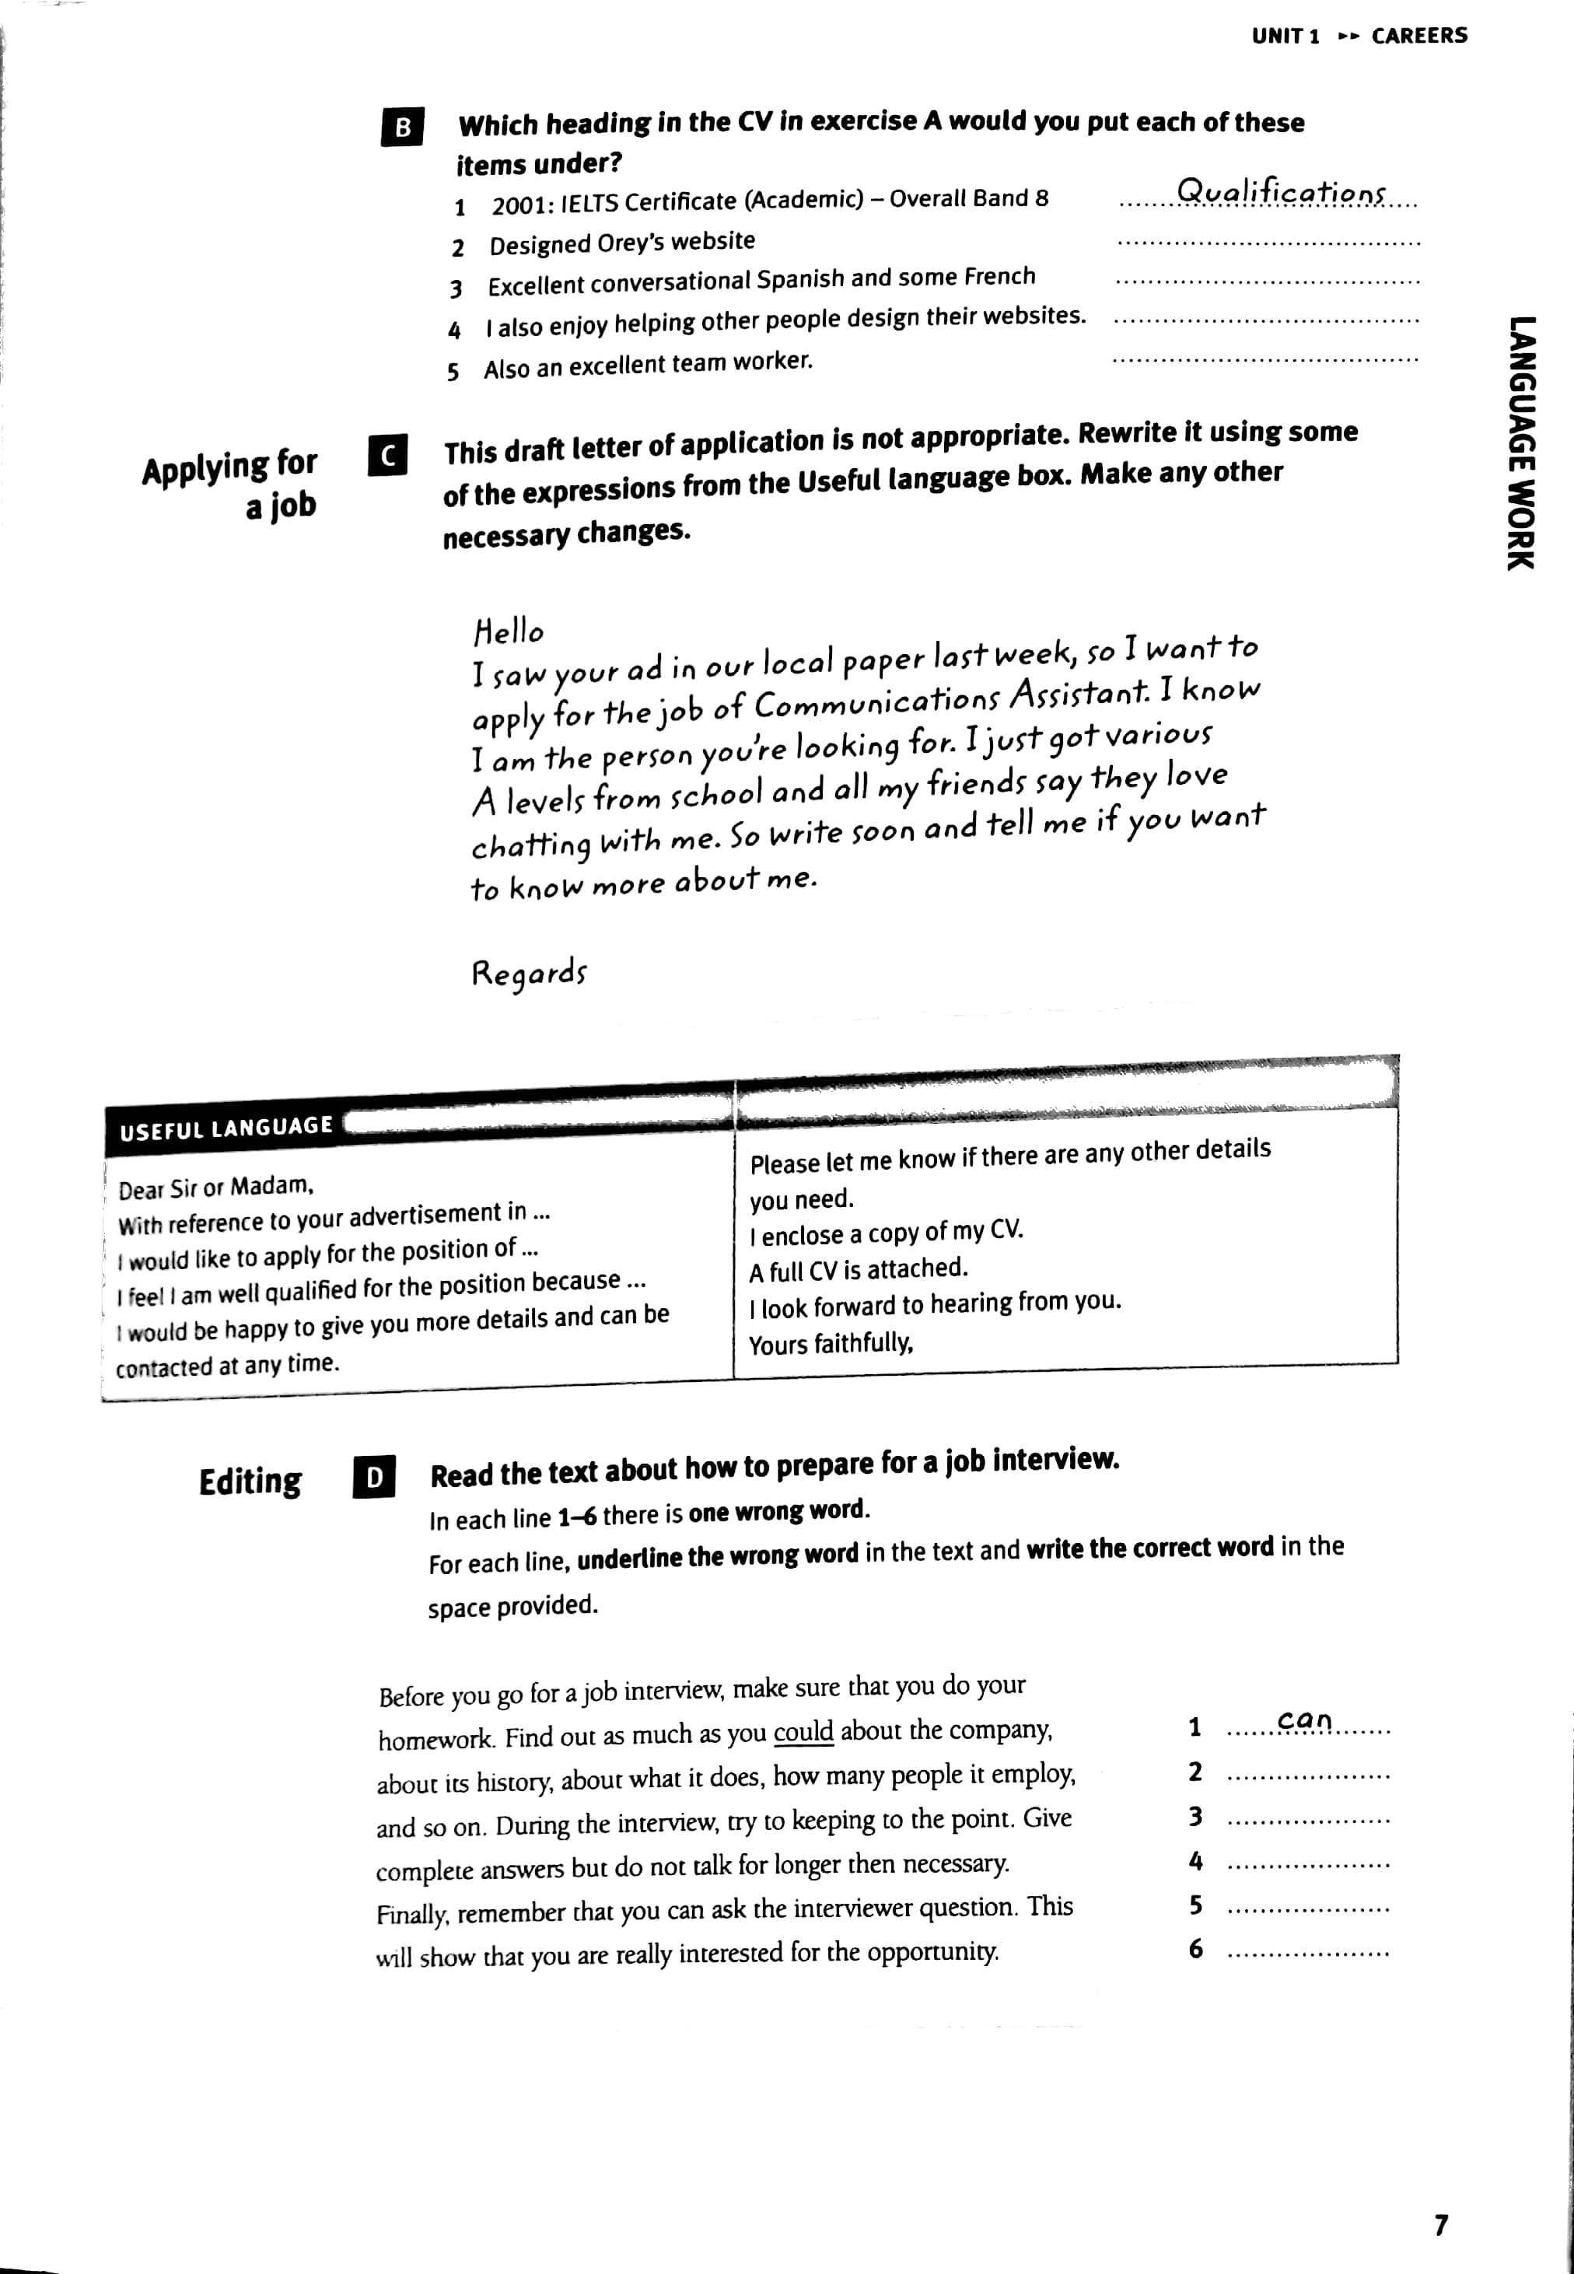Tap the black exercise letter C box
pos(387,455)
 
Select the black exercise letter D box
pos(374,1477)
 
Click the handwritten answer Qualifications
pos(1281,191)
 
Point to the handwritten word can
pos(1304,1721)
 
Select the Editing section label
pos(250,1482)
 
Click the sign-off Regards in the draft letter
pos(529,974)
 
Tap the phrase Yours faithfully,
pos(831,1344)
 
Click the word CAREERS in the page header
pos(1418,37)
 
